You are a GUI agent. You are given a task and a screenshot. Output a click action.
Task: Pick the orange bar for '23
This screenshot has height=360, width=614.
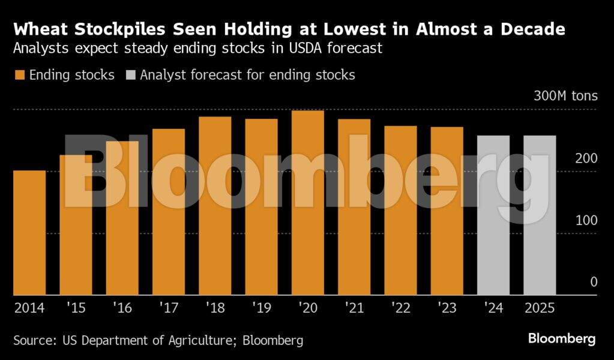coord(447,211)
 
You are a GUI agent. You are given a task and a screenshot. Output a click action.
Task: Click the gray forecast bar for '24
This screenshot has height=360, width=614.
coord(493,215)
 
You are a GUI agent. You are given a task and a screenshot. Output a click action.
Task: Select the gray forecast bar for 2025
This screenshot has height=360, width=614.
coord(540,215)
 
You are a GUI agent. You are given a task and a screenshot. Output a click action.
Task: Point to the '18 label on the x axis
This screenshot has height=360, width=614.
coord(215,308)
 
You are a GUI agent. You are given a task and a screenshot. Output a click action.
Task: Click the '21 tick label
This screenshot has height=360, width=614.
coord(354,308)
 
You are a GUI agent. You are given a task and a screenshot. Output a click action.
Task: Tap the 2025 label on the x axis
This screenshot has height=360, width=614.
coord(540,308)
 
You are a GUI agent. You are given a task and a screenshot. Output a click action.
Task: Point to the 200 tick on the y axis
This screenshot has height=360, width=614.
coord(586,158)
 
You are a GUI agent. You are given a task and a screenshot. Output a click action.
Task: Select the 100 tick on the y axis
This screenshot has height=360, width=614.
coord(586,220)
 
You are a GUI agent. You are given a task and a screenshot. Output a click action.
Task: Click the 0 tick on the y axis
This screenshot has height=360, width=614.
coord(594,281)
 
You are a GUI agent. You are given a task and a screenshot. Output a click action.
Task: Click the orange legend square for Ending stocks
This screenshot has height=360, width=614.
coord(19,76)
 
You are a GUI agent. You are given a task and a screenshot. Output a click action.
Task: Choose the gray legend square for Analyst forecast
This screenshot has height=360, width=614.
coord(130,76)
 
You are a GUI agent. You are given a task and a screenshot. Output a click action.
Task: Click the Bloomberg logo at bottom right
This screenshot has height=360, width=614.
coord(562,339)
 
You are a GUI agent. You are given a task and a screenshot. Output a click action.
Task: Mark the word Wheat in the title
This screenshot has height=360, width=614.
coord(37,29)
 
